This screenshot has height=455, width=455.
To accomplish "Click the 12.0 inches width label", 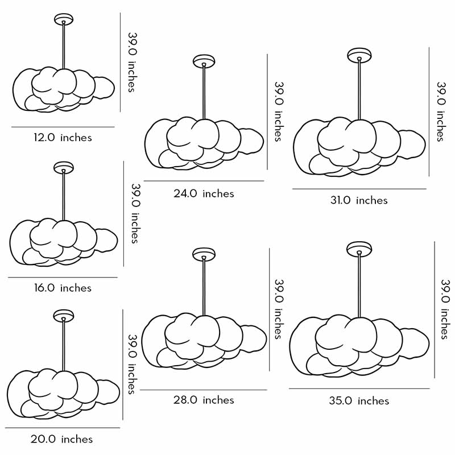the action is coord(63,137).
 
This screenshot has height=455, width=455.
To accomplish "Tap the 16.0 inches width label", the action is coord(63,288).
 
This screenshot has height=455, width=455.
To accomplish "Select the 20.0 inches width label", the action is coord(62,439).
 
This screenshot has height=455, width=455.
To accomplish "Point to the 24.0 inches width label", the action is coord(204,193).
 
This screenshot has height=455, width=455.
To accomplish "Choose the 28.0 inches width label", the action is coord(204,400).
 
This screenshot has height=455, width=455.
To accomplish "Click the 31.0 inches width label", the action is coord(359,200).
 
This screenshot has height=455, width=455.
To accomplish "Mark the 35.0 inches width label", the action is coord(359,401).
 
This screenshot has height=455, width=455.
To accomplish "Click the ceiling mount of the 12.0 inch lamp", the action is coord(64,19).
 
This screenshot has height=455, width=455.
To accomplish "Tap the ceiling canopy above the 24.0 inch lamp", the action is coord(204,61).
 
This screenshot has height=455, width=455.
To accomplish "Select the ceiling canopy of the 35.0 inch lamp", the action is coord(359,249).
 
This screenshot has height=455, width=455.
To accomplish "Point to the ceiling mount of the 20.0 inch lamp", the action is coord(64,316).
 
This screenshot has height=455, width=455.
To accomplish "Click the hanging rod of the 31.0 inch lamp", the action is coord(359,89).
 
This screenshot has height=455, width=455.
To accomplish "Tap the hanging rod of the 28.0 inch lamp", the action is coord(204,287).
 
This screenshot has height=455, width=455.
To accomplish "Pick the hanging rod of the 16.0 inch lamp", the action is coord(64,196).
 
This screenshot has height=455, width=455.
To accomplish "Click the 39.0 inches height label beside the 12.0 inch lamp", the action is coord(132,62).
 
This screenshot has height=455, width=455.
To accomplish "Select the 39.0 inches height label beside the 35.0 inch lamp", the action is coord(445,309).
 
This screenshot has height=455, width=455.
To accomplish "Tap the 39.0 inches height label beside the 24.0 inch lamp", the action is coord(279,111).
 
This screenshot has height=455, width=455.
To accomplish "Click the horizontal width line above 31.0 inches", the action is coord(359,189).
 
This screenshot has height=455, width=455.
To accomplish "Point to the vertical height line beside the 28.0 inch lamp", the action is coord(269,309).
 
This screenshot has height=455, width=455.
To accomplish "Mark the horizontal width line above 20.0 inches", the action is coord(63,428).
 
